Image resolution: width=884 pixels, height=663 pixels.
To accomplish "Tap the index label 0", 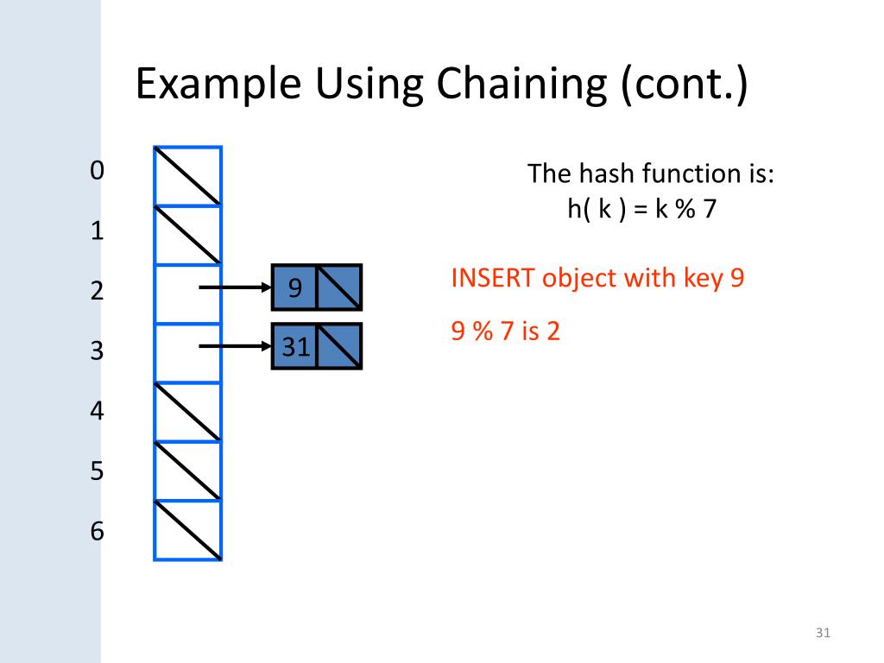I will click(97, 171).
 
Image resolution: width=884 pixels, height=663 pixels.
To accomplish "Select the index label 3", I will click(97, 351).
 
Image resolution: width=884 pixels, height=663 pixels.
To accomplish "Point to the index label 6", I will click(97, 532).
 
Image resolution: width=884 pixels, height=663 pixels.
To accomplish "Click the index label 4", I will click(97, 411).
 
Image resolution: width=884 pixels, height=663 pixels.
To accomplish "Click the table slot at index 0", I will click(188, 176).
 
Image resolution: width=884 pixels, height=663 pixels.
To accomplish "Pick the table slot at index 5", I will click(188, 471).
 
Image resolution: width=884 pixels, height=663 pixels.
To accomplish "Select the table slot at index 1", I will click(188, 235).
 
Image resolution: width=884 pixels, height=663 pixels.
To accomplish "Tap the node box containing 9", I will click(294, 287).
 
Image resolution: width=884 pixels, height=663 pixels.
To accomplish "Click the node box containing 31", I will click(294, 347).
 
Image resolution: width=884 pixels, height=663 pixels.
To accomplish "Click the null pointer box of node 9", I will click(338, 287).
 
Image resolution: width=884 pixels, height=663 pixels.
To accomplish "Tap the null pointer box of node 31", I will click(338, 347).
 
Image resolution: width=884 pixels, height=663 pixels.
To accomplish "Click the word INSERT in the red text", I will click(486, 279).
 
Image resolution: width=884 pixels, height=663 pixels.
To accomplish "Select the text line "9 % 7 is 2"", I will click(506, 331).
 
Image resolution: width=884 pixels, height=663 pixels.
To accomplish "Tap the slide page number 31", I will click(822, 635).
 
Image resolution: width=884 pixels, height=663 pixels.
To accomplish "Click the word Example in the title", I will click(218, 86).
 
